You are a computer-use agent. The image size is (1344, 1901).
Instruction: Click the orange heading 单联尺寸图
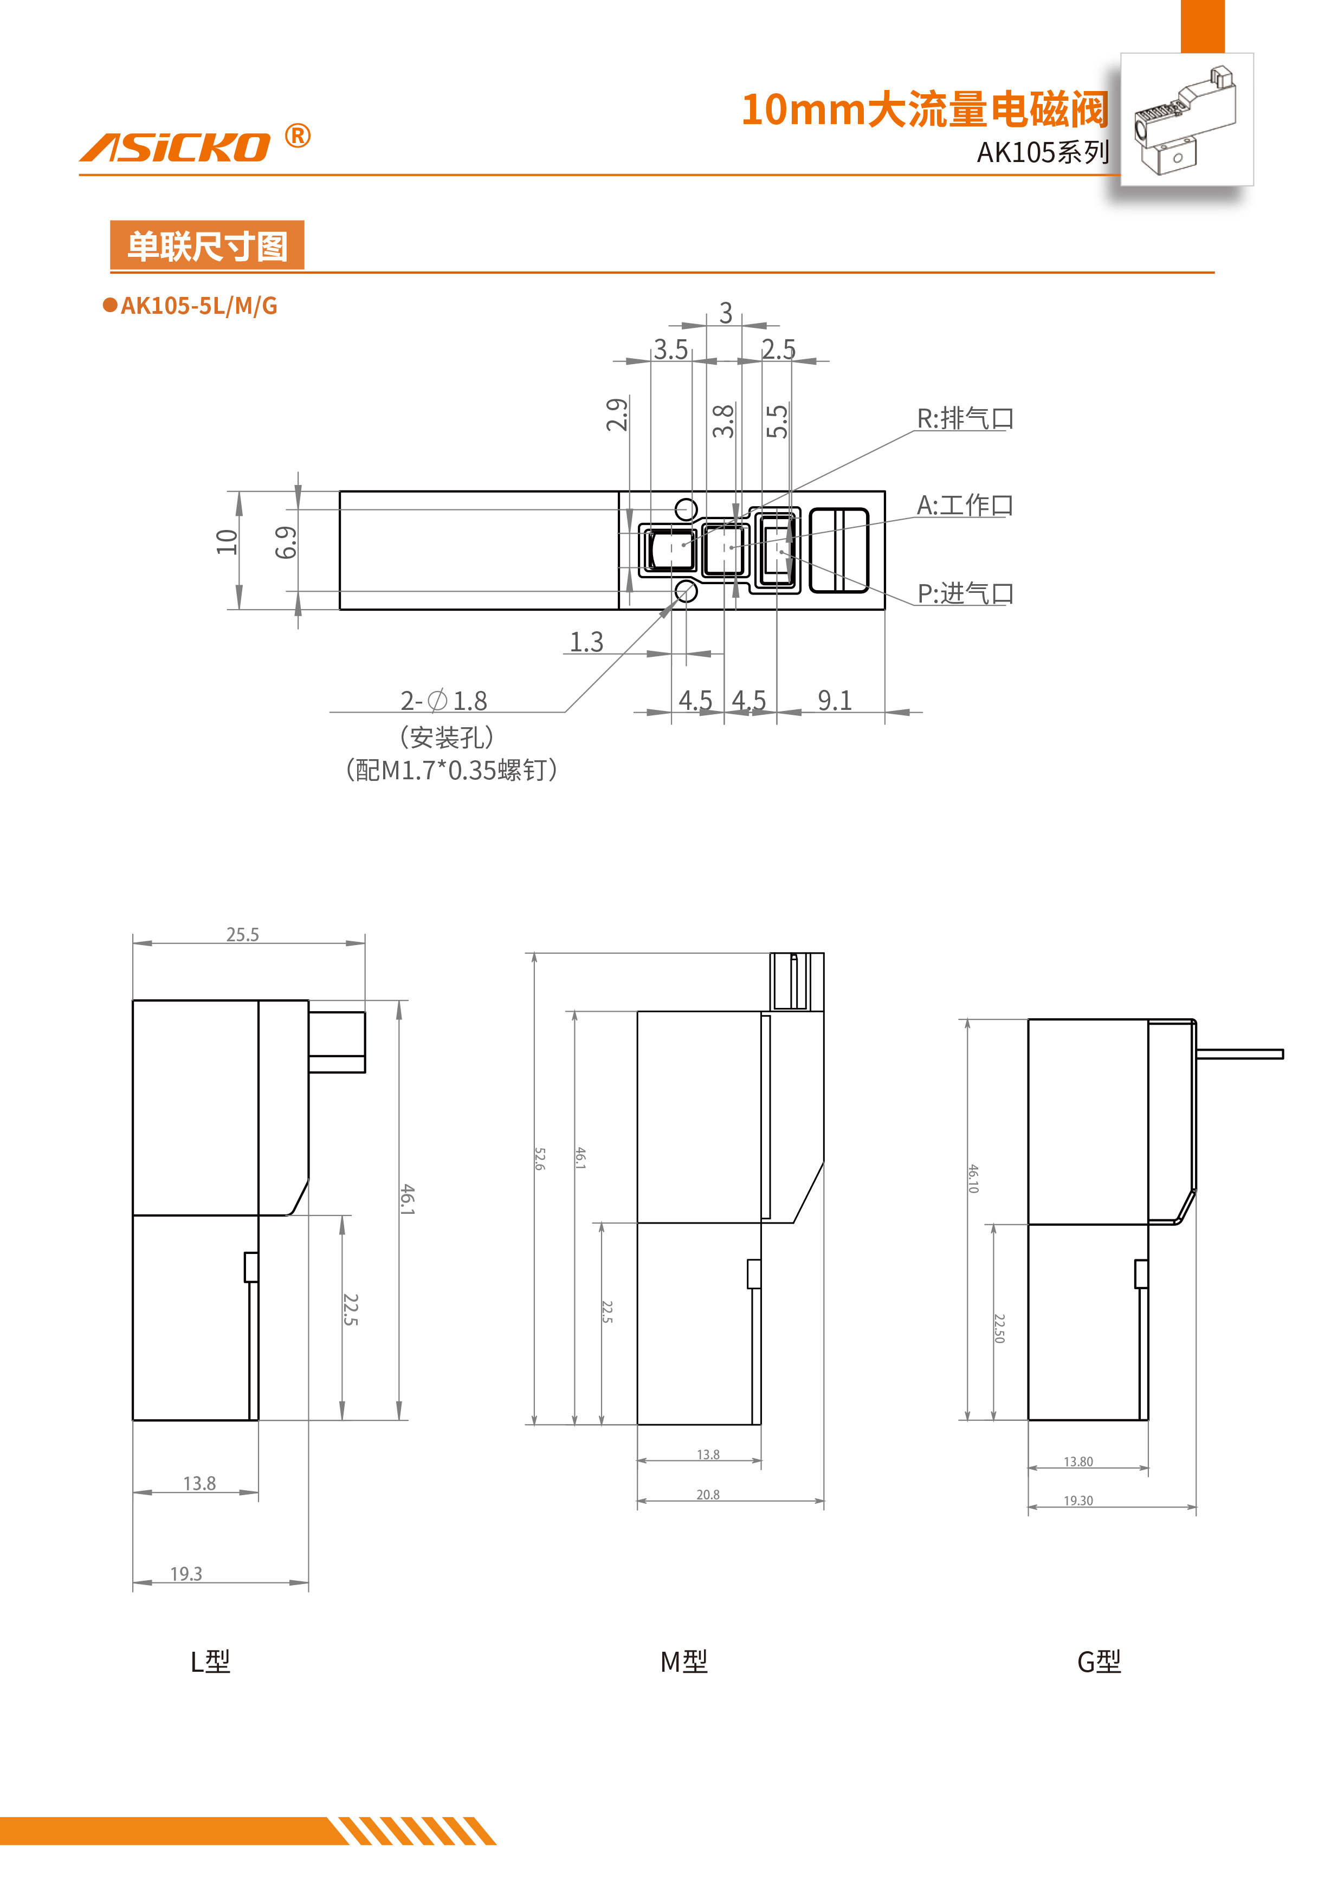click(207, 246)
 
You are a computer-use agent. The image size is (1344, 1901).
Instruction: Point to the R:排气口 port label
click(965, 418)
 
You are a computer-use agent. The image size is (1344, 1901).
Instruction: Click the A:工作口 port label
click(965, 505)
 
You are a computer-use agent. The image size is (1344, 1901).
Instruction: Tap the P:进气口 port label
click(965, 593)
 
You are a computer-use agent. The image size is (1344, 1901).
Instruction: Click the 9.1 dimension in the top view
click(835, 701)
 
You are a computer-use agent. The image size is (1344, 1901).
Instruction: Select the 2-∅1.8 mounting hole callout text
click(444, 701)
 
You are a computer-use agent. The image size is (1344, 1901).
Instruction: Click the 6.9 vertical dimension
click(286, 542)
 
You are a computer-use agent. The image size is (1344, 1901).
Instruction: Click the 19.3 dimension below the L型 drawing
click(186, 1573)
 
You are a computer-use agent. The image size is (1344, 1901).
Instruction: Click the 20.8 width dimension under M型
click(708, 1495)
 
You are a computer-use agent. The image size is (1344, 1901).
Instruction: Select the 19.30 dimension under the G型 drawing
click(1078, 1501)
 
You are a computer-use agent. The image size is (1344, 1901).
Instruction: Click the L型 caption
click(210, 1661)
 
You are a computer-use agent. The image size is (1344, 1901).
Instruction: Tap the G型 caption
click(1099, 1661)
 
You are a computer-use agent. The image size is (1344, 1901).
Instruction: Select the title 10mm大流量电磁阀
click(923, 110)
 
